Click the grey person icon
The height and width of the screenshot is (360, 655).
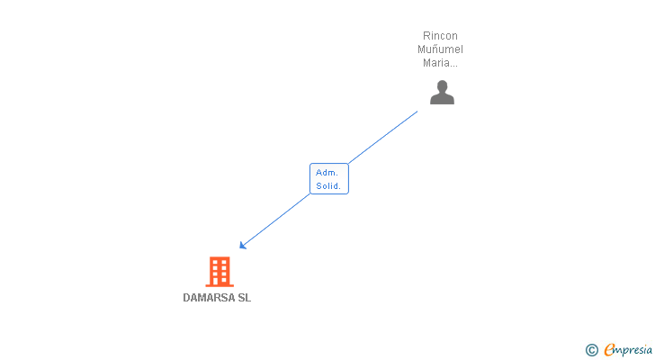click(x=442, y=93)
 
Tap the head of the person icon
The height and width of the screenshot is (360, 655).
click(x=442, y=86)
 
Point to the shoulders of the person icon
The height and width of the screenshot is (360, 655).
click(x=442, y=99)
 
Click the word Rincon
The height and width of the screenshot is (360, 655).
click(x=441, y=36)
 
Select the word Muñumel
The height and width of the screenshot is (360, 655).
click(x=441, y=49)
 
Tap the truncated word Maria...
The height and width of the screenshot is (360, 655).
click(x=440, y=63)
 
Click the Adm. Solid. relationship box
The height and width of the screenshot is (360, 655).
click(x=328, y=178)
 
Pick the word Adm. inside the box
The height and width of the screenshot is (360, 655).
click(x=327, y=172)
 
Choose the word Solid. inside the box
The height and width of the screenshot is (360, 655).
click(x=328, y=186)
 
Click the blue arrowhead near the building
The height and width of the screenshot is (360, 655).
click(x=243, y=245)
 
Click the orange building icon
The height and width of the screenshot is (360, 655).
click(x=219, y=271)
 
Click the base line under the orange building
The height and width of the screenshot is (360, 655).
click(x=219, y=285)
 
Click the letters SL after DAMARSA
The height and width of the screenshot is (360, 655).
click(x=245, y=298)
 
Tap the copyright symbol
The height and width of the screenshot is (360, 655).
click(x=592, y=350)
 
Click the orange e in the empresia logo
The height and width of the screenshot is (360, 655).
click(x=609, y=350)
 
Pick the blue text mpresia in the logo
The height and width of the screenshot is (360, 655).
click(x=633, y=349)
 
